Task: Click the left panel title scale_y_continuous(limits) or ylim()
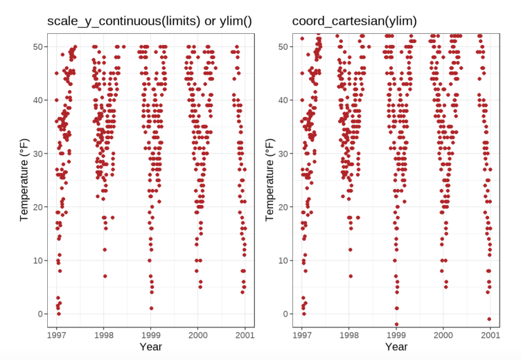(x=149, y=21)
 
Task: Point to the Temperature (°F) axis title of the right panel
(x=270, y=178)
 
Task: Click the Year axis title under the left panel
(x=150, y=345)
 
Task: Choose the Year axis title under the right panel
(x=396, y=345)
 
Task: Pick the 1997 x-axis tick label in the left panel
(x=58, y=334)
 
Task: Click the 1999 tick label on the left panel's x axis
(x=151, y=334)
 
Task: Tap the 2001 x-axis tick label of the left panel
(x=245, y=334)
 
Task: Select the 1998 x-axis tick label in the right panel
(x=349, y=334)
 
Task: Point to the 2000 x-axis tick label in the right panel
(x=443, y=334)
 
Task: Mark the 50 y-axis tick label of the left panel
(x=37, y=46)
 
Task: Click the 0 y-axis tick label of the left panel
(x=40, y=314)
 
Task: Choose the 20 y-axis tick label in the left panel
(x=37, y=207)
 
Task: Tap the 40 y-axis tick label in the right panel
(x=283, y=100)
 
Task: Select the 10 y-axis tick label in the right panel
(x=283, y=260)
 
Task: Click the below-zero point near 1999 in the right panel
(x=397, y=324)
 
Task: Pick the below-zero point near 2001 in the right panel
(x=489, y=319)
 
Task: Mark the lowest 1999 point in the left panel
(x=151, y=308)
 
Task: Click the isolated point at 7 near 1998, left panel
(x=105, y=276)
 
